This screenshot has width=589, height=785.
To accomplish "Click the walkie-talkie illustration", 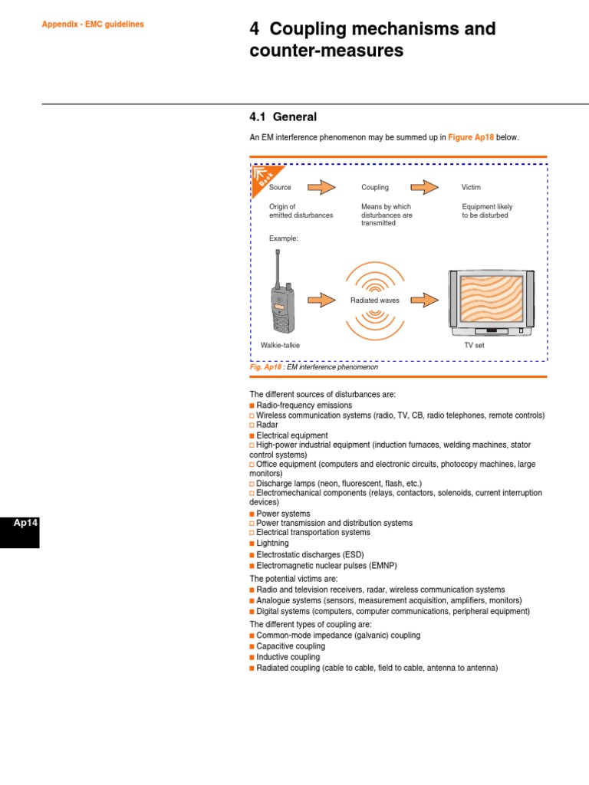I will coord(281,300).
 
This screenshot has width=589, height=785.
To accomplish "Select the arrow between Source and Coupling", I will coord(322,187).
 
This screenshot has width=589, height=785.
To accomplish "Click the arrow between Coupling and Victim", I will coord(425,187).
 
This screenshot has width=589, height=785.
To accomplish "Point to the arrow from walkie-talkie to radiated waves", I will coord(321,300).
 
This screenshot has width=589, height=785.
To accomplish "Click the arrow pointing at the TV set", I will coord(424,300).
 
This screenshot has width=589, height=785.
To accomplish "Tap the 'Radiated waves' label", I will coord(375,301).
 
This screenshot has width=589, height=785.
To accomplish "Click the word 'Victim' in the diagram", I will coord(471,187).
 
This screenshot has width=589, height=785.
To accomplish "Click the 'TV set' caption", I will coord(474,346).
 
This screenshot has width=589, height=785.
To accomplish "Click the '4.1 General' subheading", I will coord(283,117).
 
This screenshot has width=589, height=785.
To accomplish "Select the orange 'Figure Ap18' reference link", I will coord(471,137).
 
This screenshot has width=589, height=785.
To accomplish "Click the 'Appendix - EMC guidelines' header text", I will coord(93,25).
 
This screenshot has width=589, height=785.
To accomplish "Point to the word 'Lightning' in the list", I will coord(273,543).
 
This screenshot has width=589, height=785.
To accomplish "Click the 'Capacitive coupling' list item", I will coord(291,646).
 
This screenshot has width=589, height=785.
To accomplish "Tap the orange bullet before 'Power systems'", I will coord(252,514).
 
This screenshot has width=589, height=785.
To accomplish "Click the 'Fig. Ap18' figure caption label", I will coord(265,368).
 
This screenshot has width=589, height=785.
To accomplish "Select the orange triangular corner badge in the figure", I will coord(263,177).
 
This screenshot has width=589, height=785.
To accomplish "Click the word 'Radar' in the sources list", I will coord(267,425).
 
